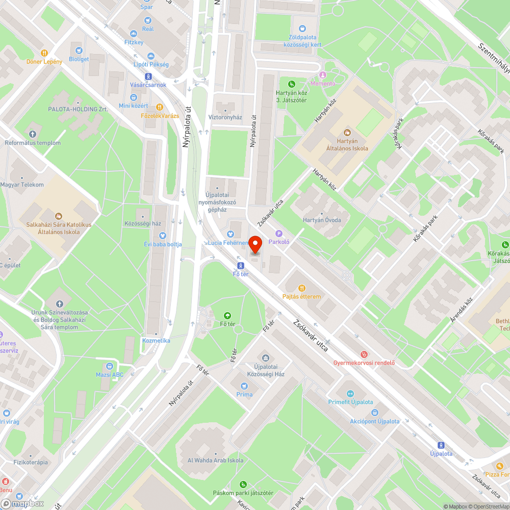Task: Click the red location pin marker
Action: pos(256,245)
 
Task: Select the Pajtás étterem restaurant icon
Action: pos(301,288)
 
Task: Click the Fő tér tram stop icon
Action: pos(241,266)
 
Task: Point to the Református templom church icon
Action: pos(33,134)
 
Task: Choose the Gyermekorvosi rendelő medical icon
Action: pos(364,354)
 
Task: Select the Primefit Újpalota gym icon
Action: pos(350,393)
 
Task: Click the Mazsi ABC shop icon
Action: pos(110,366)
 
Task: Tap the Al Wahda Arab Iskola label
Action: pos(215,461)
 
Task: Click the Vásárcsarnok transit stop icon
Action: pos(148,76)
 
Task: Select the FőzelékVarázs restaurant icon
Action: pos(160,107)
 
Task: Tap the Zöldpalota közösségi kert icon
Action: pos(302,29)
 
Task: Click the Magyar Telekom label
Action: pos(22,185)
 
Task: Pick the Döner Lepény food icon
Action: pos(45,53)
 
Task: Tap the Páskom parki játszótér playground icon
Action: pos(243,484)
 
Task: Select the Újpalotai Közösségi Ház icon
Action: pos(265,358)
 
